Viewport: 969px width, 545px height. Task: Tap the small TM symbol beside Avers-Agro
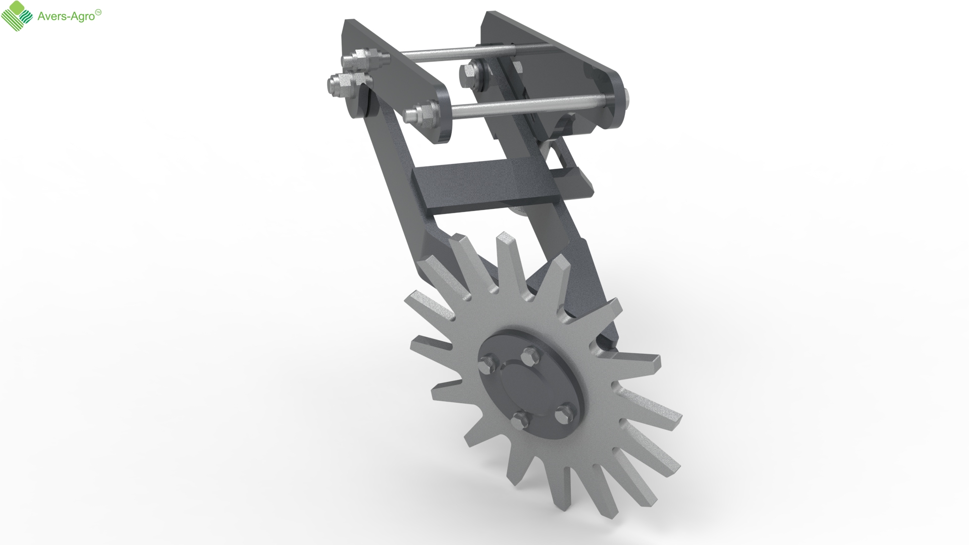(x=99, y=13)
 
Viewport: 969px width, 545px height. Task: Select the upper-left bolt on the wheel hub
(x=489, y=361)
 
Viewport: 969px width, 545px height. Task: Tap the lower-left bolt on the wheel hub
(x=519, y=420)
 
